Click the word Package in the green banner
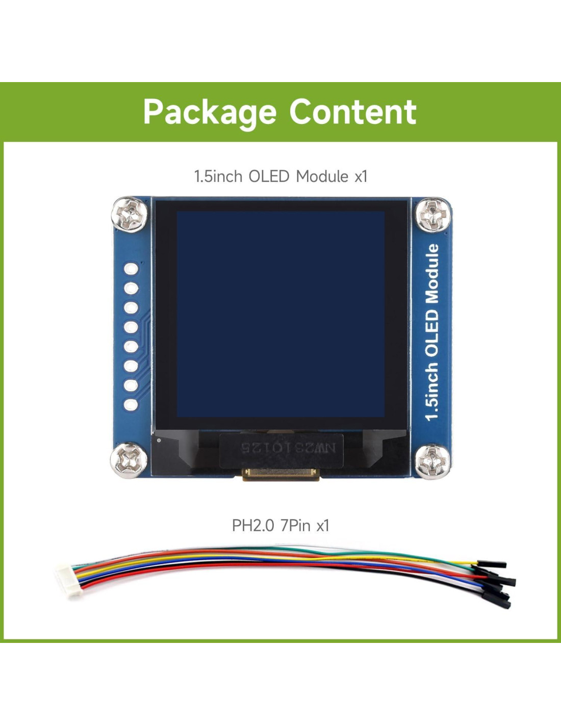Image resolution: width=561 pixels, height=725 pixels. tap(210, 112)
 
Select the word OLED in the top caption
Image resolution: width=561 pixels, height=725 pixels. tap(269, 176)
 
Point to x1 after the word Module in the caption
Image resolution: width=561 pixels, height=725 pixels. tap(361, 176)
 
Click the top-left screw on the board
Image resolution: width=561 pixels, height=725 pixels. tap(130, 214)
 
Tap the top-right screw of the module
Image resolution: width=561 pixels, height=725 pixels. tap(431, 214)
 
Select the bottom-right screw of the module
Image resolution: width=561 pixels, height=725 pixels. tap(432, 461)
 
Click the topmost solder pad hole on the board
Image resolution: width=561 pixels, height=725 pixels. tap(131, 269)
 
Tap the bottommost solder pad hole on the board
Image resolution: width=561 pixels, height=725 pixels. tap(131, 404)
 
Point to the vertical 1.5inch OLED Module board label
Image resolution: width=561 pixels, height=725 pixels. tap(432, 332)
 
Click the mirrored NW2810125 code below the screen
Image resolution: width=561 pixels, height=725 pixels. tap(288, 448)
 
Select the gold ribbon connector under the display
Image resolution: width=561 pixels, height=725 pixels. tap(281, 474)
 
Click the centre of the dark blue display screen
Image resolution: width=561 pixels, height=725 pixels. tap(280, 314)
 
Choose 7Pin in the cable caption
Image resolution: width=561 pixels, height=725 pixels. tap(295, 525)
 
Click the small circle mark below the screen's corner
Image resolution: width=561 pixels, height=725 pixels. tap(160, 440)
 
